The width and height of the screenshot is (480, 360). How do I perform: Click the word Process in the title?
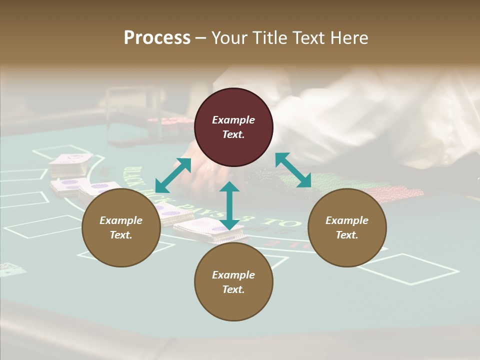tap(157, 38)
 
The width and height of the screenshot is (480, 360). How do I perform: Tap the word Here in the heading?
tap(349, 38)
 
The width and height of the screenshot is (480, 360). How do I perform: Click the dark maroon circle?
tap(233, 127)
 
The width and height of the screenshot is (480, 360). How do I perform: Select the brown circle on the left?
tap(121, 227)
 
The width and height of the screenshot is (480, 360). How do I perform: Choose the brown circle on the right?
tap(347, 227)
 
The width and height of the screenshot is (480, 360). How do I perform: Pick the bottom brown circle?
tap(233, 282)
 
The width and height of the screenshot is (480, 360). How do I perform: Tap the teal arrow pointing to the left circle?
tap(173, 175)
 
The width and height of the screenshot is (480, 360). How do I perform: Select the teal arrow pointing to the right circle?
tap(293, 170)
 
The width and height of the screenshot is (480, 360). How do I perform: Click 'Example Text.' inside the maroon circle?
tap(233, 127)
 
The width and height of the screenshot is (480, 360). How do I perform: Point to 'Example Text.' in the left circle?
tap(121, 227)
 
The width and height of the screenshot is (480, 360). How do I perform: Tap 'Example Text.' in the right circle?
tap(347, 227)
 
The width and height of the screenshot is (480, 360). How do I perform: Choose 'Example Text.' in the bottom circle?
tap(233, 282)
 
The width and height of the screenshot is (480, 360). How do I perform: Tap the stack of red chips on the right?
tap(400, 193)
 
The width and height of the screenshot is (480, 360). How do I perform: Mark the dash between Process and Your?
tap(200, 38)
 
